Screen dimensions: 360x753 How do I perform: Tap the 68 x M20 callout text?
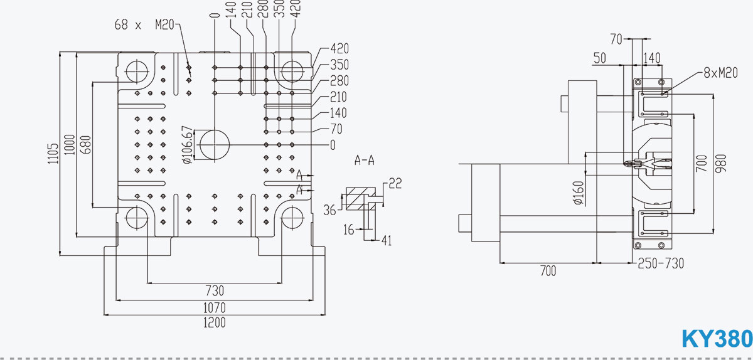coord(144,25)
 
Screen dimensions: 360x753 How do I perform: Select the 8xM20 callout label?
coord(720,73)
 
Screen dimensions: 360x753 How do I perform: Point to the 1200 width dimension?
coord(214,323)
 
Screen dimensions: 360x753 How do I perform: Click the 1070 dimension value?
coord(214,307)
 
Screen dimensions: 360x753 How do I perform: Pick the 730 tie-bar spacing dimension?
coord(214,291)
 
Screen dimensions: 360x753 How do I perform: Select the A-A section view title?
coord(365,161)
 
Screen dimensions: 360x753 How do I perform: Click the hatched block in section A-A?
coord(358,199)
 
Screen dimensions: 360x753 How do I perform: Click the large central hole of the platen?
coord(214,145)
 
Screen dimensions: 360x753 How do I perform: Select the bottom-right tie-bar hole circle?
coord(292,218)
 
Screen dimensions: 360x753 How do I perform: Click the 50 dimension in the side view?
coord(599,58)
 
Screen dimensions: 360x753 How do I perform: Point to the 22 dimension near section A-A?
coord(395,183)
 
